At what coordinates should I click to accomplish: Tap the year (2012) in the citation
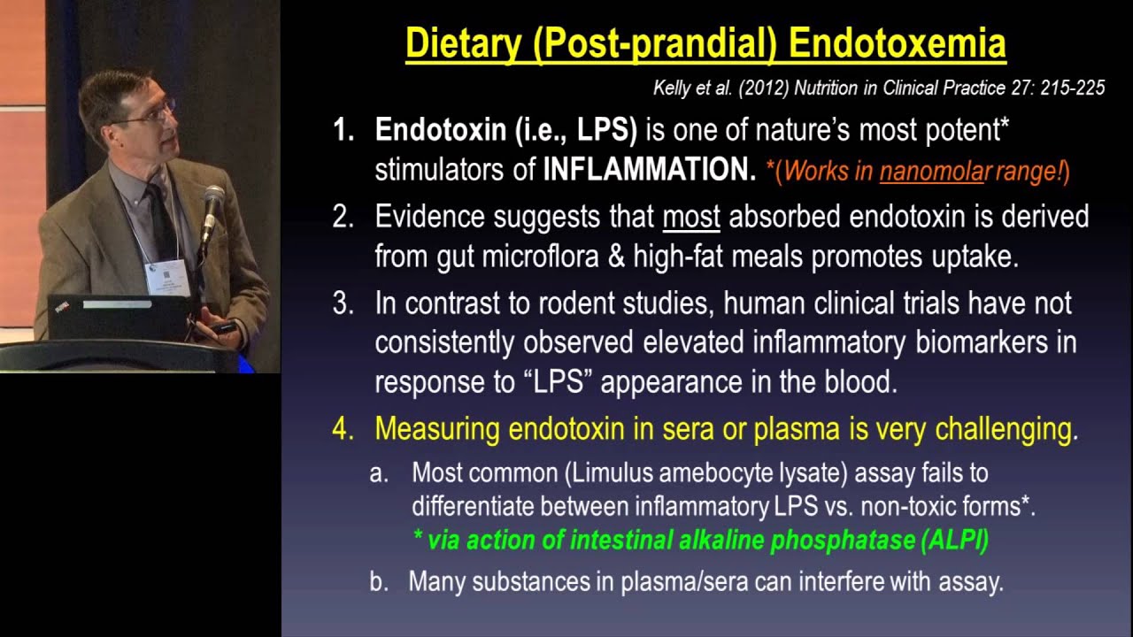coord(751,88)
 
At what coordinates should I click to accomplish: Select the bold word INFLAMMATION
coord(649,170)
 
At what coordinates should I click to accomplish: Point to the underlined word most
coord(691,217)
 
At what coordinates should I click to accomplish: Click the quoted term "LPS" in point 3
coord(556,382)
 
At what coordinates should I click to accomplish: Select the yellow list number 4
coord(342,429)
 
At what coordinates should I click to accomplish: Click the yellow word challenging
coord(1003,429)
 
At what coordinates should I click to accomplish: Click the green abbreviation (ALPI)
coord(954,541)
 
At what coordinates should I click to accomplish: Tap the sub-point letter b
coord(378,582)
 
